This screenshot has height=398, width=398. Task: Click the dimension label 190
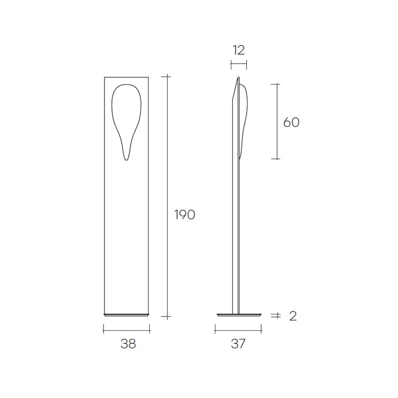click(x=185, y=215)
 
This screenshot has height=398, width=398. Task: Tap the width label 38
click(x=128, y=344)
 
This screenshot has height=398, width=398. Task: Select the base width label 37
click(x=238, y=344)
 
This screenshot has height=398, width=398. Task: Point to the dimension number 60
click(x=291, y=122)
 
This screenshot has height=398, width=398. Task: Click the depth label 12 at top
click(x=239, y=50)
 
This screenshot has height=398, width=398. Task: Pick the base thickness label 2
click(x=293, y=316)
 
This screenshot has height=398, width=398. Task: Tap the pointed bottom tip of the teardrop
click(x=126, y=160)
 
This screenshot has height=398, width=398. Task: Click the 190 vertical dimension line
click(x=167, y=197)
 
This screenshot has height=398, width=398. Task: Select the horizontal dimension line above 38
click(x=126, y=330)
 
